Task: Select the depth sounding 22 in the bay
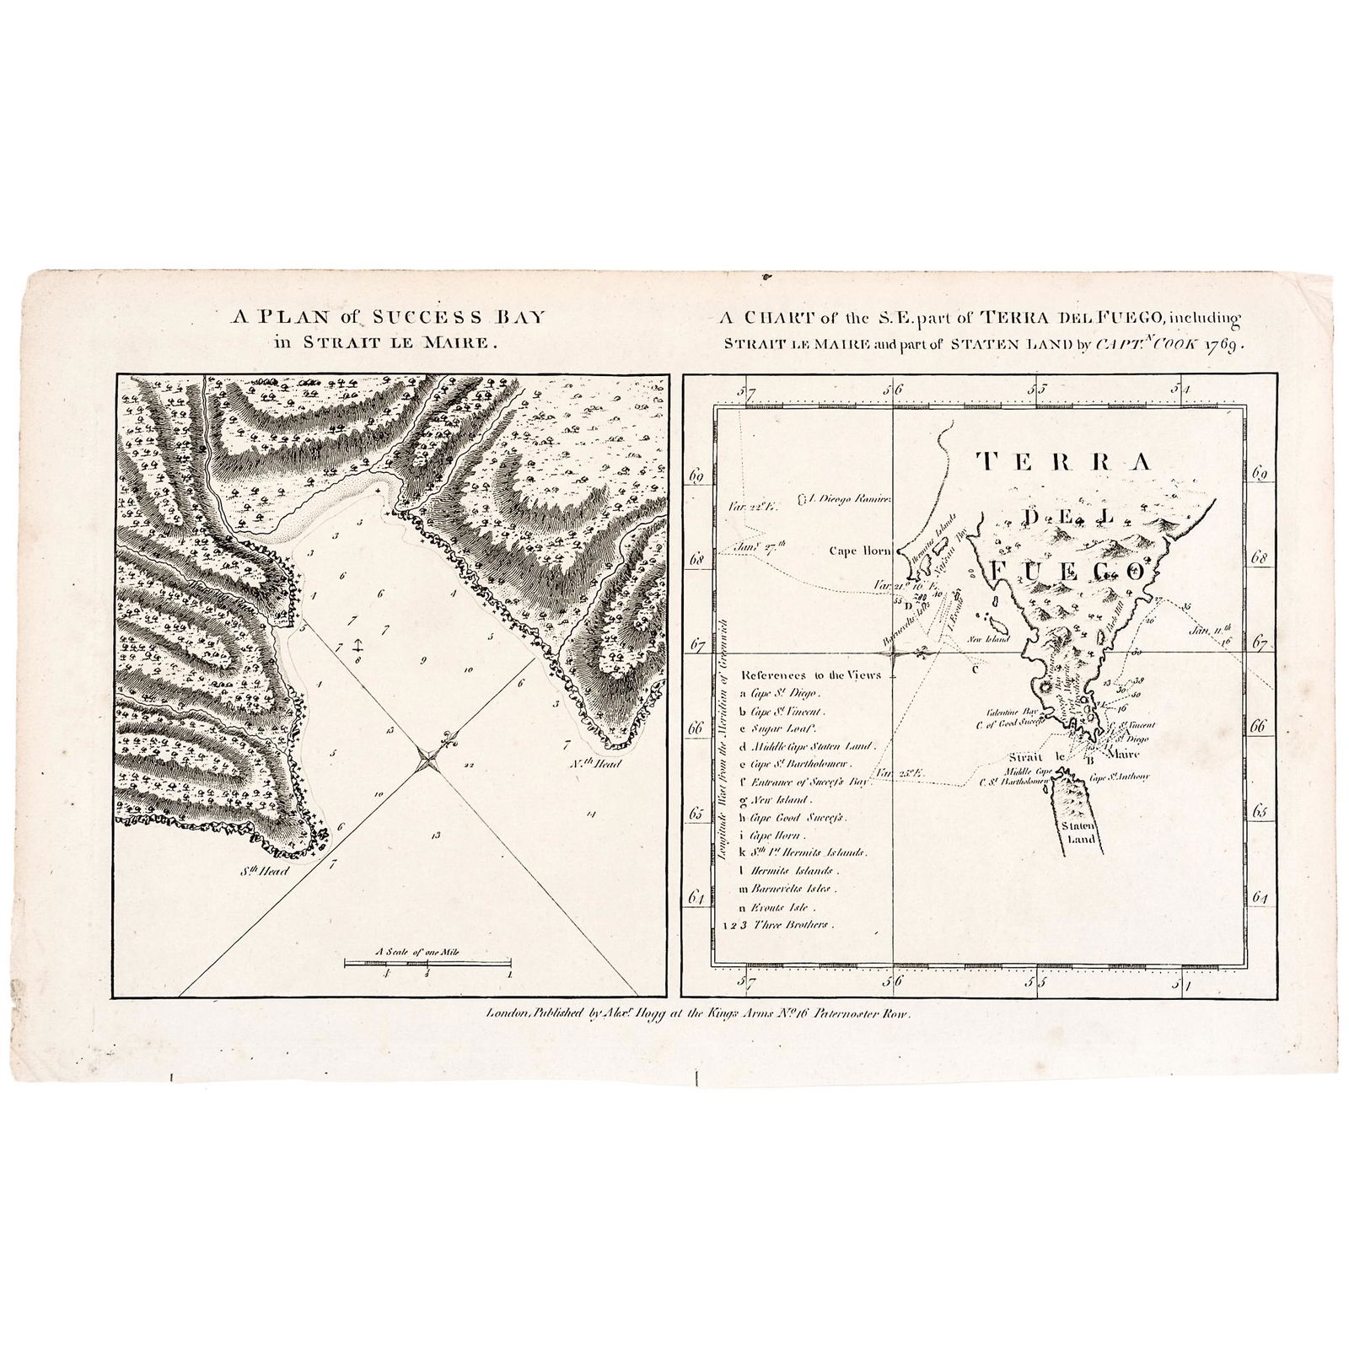click(469, 765)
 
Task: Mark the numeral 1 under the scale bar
click(509, 974)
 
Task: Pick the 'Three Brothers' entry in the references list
click(795, 924)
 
